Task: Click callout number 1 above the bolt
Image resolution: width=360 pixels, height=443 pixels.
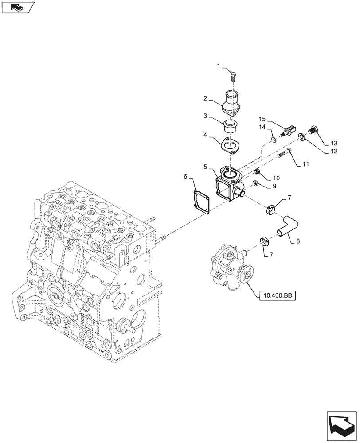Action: pos(219,66)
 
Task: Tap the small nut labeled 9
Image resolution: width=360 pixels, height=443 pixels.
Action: pos(256,183)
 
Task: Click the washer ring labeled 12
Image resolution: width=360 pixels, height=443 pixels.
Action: pos(302,136)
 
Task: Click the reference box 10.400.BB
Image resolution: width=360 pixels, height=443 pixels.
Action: pos(275,295)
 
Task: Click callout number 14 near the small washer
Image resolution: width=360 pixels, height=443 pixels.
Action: pos(262,127)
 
